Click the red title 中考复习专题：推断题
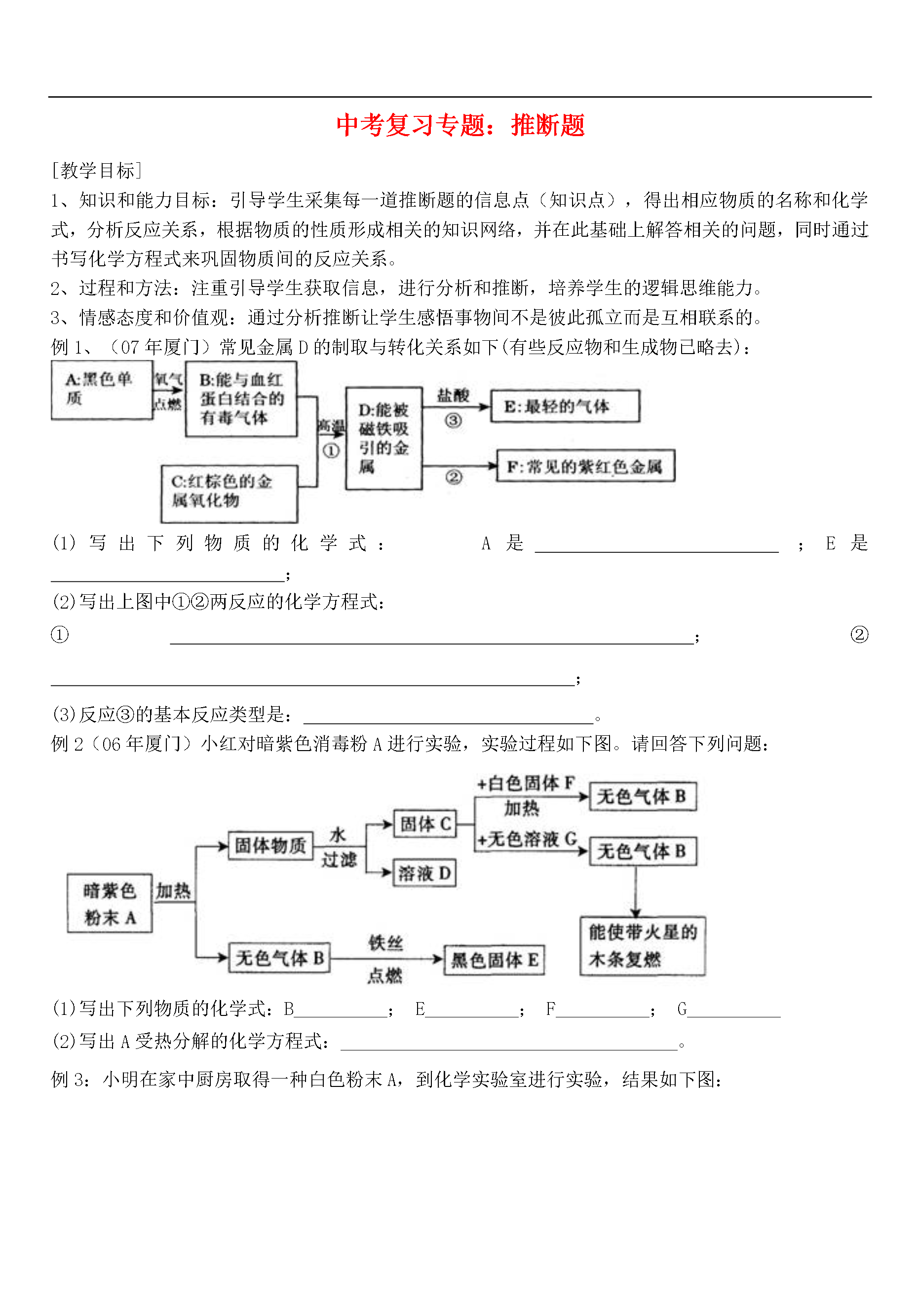(460, 125)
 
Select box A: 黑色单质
(102, 390)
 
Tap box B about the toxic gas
(241, 399)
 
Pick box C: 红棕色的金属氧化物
(230, 494)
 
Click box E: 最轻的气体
(565, 406)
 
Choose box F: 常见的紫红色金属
(586, 466)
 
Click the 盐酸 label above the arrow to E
(453, 395)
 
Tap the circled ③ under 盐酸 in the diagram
(453, 421)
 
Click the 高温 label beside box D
(331, 426)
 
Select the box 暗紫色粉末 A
(110, 903)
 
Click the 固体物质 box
(271, 845)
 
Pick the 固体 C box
(425, 824)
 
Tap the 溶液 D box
(425, 873)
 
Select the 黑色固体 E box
(495, 960)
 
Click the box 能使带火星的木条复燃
(643, 946)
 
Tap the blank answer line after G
(734, 1017)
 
